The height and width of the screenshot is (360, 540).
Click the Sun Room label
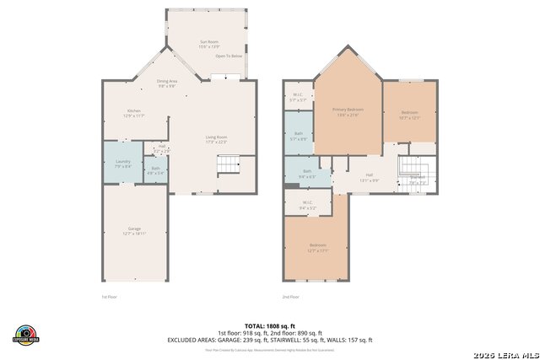tap(208, 44)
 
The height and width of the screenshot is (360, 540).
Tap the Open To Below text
tap(229, 56)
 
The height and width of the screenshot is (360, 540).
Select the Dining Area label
tap(166, 83)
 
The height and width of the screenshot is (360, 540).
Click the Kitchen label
tap(133, 113)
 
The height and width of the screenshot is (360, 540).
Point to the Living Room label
tap(217, 139)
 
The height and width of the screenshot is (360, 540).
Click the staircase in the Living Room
tap(229, 165)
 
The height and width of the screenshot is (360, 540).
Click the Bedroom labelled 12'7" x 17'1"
tap(316, 248)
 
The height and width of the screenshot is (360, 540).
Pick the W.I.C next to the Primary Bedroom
tap(297, 97)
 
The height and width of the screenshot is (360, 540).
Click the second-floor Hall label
tap(370, 177)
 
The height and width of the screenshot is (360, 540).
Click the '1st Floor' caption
tap(110, 297)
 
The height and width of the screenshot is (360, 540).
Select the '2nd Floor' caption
tap(291, 297)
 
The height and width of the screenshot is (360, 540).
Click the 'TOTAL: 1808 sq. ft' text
tap(269, 325)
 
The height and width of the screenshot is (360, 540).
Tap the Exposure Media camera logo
tap(27, 333)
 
